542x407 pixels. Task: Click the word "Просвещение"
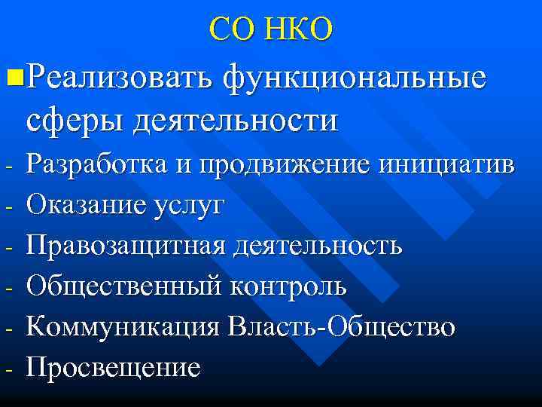click(114, 368)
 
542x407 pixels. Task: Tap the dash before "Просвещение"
click(6, 369)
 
